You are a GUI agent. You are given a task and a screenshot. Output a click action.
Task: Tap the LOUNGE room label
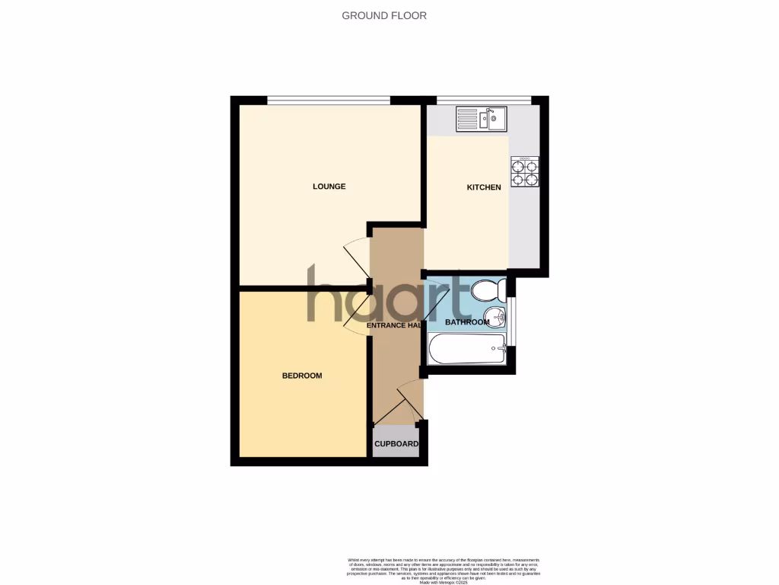(x=329, y=187)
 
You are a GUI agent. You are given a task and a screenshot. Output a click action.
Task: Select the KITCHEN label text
(x=484, y=187)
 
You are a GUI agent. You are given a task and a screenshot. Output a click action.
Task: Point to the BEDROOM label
(x=302, y=376)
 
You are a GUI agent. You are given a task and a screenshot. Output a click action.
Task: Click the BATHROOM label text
(x=467, y=322)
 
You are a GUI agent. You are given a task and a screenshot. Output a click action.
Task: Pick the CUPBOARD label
(x=396, y=444)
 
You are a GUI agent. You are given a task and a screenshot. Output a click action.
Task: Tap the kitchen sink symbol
(x=481, y=119)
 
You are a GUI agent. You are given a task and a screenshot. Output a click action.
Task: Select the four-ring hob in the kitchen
(x=524, y=172)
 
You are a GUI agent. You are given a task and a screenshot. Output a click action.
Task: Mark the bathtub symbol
(x=466, y=349)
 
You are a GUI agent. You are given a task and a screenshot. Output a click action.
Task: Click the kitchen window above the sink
(x=483, y=99)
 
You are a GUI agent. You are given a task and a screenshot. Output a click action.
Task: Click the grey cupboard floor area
(x=396, y=449)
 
